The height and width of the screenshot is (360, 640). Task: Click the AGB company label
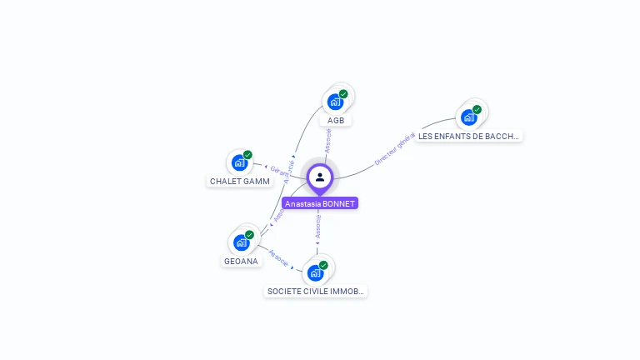[x=336, y=120]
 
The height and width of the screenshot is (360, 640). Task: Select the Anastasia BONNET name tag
[x=320, y=203]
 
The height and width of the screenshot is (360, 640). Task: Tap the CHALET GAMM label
[x=240, y=181]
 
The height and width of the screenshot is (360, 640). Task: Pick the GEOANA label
[x=242, y=261]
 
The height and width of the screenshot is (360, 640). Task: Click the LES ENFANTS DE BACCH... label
[x=469, y=136]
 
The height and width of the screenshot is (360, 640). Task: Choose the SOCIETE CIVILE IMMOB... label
[x=316, y=291]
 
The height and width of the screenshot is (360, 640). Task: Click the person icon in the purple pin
[x=320, y=177]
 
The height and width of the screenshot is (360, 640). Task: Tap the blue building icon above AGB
[x=335, y=102]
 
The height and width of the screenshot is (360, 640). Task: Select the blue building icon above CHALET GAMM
[x=240, y=162]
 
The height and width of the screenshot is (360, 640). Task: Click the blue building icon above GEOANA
[x=241, y=242]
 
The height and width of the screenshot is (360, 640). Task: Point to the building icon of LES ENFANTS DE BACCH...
[x=468, y=117]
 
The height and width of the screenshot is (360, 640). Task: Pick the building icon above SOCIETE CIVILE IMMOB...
[x=315, y=272]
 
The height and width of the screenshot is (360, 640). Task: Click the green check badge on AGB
[x=343, y=94]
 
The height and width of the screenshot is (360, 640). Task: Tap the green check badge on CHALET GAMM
[x=247, y=155]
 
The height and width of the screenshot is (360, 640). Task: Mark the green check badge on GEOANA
[x=249, y=235]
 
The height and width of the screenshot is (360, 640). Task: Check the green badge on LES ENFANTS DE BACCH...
[x=477, y=109]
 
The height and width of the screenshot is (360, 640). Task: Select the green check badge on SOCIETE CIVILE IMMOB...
[x=323, y=265]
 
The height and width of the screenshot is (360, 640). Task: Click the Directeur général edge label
[x=394, y=148]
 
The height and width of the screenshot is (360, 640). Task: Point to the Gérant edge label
[x=280, y=171]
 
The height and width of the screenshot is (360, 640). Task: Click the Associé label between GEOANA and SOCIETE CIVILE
[x=279, y=257]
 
